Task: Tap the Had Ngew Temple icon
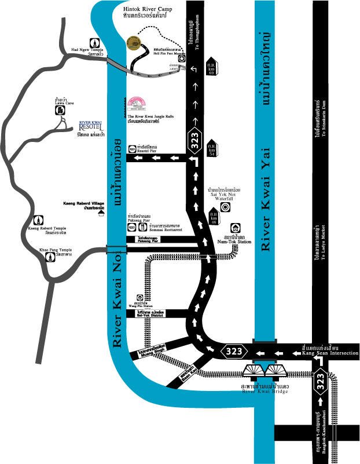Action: [x=94, y=42]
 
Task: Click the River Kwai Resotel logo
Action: [x=90, y=126]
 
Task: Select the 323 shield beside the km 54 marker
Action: [x=195, y=139]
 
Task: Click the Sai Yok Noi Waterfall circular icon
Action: [x=227, y=206]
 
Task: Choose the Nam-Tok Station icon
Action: [x=236, y=228]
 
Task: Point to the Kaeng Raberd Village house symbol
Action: [x=101, y=213]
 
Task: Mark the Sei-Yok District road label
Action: [x=152, y=313]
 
